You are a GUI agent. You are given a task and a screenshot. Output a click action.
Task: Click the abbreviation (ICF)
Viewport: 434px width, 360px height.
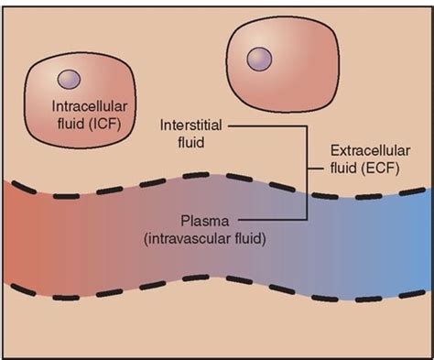[x=103, y=123]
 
